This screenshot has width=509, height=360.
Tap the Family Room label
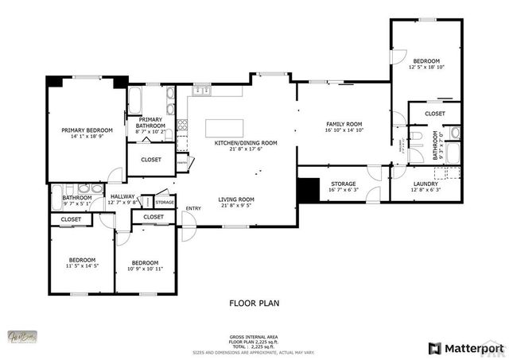(344, 124)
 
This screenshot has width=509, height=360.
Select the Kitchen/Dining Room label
(246, 142)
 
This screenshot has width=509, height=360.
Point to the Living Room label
(236, 199)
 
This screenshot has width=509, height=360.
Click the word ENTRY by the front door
(192, 209)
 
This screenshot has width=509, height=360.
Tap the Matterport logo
(467, 347)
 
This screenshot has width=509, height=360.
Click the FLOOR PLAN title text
(254, 303)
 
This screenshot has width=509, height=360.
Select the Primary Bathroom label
(150, 122)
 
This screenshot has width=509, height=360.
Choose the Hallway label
(122, 196)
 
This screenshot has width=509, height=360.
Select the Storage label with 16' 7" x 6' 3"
(344, 184)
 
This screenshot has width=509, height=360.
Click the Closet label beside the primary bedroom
(151, 160)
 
